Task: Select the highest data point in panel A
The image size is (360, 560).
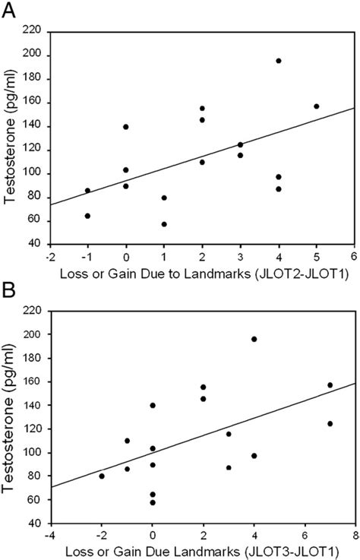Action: click(279, 61)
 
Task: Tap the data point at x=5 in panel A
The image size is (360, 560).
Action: click(317, 106)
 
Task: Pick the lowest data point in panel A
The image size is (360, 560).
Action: click(164, 224)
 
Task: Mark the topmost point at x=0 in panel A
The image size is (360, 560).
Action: click(126, 127)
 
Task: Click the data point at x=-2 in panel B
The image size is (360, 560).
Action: click(102, 476)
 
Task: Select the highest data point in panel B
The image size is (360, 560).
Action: click(254, 339)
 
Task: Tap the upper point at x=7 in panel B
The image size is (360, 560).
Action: click(330, 385)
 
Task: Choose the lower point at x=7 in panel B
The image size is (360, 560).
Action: click(330, 424)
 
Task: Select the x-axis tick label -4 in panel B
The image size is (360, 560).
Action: click(50, 535)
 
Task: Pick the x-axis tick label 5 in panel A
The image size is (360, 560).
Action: click(317, 256)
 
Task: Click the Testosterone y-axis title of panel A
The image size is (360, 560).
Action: click(11, 138)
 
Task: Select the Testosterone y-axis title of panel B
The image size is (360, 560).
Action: click(11, 417)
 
